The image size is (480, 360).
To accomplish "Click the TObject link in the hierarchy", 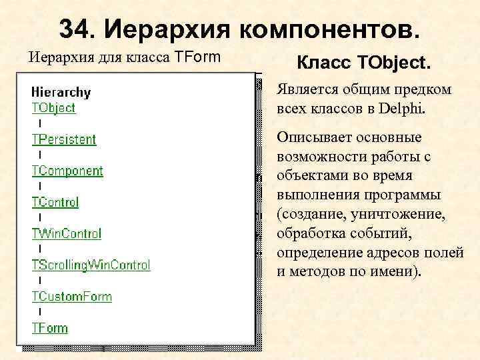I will (x=53, y=108).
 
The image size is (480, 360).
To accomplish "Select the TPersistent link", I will (x=64, y=139).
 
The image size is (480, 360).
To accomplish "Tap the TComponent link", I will (x=67, y=171).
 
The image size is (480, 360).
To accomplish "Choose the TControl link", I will (x=55, y=202).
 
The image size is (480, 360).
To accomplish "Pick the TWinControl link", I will (x=67, y=233).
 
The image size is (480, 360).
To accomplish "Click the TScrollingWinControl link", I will (x=91, y=265).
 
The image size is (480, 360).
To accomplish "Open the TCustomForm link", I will (x=72, y=296).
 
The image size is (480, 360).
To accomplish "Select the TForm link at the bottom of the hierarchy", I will (x=50, y=327).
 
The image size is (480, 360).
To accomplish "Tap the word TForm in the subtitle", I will (x=197, y=57).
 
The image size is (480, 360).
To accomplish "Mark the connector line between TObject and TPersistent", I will (x=40, y=123).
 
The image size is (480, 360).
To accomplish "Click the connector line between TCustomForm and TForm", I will (x=40, y=311).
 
